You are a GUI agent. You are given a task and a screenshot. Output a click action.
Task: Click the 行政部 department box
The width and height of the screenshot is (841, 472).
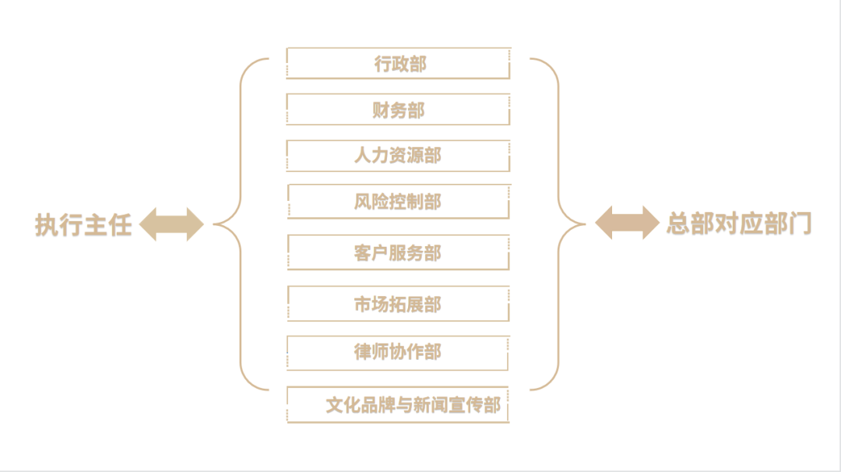pyautogui.click(x=398, y=64)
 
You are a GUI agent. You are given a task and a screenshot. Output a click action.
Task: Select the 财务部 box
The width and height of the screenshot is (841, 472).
pyautogui.click(x=398, y=110)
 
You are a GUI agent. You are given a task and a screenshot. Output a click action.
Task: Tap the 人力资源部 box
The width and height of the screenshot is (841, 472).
pyautogui.click(x=398, y=156)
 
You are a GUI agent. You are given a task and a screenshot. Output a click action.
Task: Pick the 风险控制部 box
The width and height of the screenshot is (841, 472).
pyautogui.click(x=398, y=203)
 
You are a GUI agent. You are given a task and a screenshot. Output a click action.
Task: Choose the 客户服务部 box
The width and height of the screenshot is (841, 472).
pyautogui.click(x=398, y=253)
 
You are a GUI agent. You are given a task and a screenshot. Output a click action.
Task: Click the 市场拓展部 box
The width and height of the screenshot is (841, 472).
pyautogui.click(x=398, y=305)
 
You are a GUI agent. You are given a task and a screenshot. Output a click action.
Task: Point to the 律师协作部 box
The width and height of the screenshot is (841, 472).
pyautogui.click(x=398, y=352)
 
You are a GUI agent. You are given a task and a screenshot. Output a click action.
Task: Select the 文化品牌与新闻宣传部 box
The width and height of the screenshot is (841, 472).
pyautogui.click(x=398, y=405)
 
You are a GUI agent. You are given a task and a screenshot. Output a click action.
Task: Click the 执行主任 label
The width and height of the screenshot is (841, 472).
pyautogui.click(x=83, y=225)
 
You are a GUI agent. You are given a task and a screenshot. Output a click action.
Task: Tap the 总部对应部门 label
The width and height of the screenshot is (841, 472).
pyautogui.click(x=738, y=224)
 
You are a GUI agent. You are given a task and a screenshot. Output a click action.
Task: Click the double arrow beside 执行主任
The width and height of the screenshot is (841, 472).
pyautogui.click(x=171, y=225)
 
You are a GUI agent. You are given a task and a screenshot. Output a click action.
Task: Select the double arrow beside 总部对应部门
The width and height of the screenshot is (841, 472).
pyautogui.click(x=627, y=224)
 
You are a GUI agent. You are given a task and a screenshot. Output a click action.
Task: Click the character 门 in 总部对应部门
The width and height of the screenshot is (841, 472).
pyautogui.click(x=801, y=224)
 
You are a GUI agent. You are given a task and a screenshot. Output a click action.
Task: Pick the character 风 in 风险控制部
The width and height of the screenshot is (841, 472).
pyautogui.click(x=363, y=203)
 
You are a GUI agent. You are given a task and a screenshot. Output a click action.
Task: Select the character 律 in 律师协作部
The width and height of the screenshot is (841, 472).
pyautogui.click(x=363, y=352)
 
